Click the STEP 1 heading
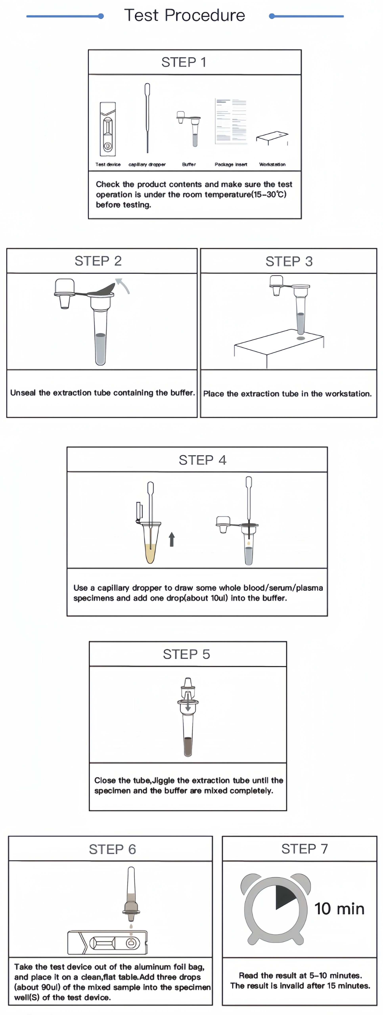tap(184, 62)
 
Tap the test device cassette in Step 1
tap(108, 129)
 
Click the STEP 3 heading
tap(289, 261)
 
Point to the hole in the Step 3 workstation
tap(301, 338)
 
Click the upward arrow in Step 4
tap(171, 539)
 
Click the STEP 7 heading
tap(304, 849)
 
